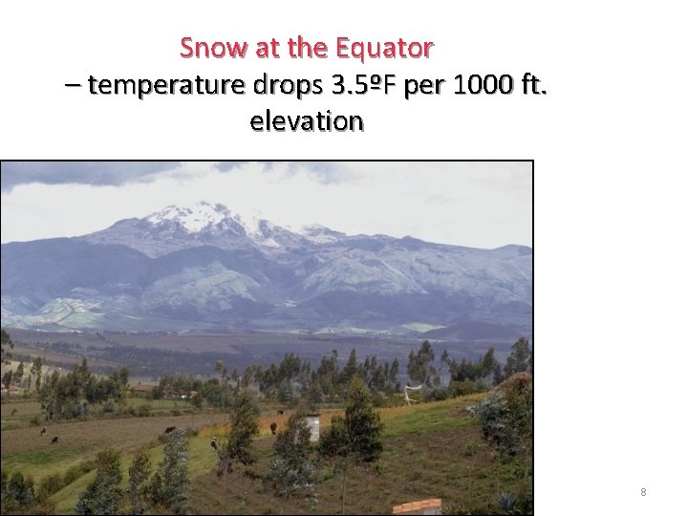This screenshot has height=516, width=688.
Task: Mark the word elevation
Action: (306, 122)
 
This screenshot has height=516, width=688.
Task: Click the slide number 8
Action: (643, 492)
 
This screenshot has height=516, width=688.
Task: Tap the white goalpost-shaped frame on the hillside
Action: (413, 391)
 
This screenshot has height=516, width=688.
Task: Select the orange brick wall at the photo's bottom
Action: (417, 506)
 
